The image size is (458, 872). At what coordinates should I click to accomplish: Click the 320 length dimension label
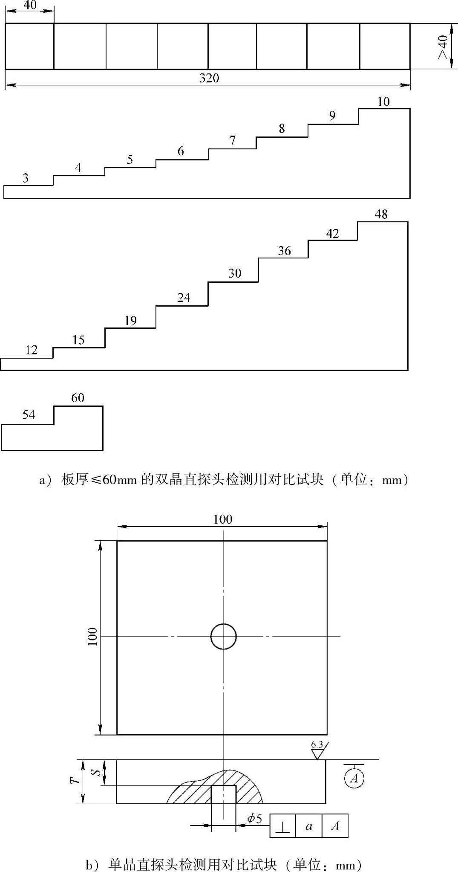coord(209,78)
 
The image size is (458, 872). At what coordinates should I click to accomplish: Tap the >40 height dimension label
coord(443,46)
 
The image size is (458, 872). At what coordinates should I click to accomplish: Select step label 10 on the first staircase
coord(383,101)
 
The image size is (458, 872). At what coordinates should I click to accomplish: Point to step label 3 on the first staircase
coord(26,178)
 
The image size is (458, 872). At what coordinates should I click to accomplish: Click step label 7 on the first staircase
coord(233,140)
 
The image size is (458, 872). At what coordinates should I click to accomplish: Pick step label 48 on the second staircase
coord(381,214)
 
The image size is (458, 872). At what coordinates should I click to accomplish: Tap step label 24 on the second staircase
coord(184,297)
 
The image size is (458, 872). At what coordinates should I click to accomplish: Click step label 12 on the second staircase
coord(32,350)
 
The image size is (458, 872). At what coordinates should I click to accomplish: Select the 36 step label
coord(284,251)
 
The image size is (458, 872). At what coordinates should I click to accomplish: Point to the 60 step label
coord(78,398)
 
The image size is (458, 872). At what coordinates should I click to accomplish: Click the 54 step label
coord(29,414)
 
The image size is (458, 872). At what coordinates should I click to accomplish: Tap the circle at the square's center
coord(223,636)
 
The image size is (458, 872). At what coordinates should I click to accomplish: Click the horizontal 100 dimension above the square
coord(222,519)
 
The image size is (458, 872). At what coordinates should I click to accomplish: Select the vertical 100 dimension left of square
coord(92,636)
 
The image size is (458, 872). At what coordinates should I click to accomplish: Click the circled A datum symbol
coord(354,779)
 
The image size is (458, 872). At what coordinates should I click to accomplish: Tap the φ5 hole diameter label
coord(255,818)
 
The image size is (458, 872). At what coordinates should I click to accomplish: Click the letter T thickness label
coord(76,780)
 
